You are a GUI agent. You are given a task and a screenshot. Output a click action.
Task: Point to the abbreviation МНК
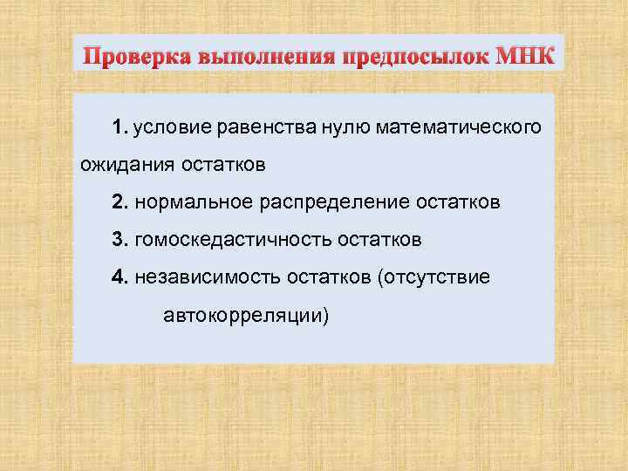523,58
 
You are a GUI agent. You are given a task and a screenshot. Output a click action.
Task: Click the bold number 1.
119,128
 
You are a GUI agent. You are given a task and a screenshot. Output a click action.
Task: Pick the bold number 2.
119,202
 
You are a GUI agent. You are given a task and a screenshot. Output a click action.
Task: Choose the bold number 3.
119,239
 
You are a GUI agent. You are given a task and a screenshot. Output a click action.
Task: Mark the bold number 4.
119,276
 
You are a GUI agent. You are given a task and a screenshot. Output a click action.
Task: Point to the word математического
459,128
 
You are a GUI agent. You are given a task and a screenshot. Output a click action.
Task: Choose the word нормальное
192,202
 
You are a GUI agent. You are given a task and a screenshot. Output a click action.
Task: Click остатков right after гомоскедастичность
384,239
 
